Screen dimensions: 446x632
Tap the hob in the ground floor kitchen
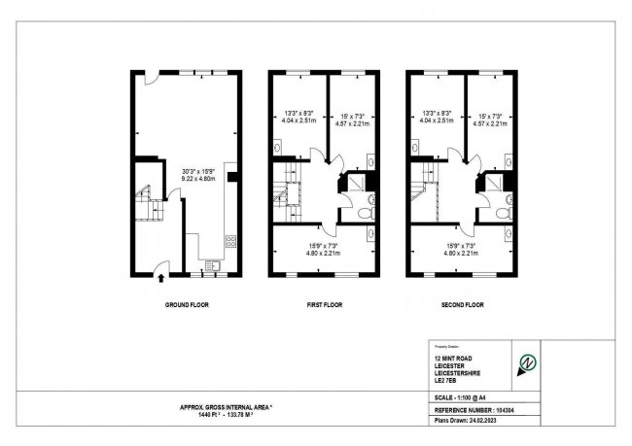pyautogui.click(x=230, y=239)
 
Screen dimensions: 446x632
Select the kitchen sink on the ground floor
pyautogui.click(x=211, y=264)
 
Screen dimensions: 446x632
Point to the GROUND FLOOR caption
pyautogui.click(x=186, y=304)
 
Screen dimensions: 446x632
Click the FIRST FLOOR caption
pyautogui.click(x=325, y=304)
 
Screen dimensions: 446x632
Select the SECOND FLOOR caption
pyautogui.click(x=461, y=304)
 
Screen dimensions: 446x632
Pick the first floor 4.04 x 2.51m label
pyautogui.click(x=297, y=121)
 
